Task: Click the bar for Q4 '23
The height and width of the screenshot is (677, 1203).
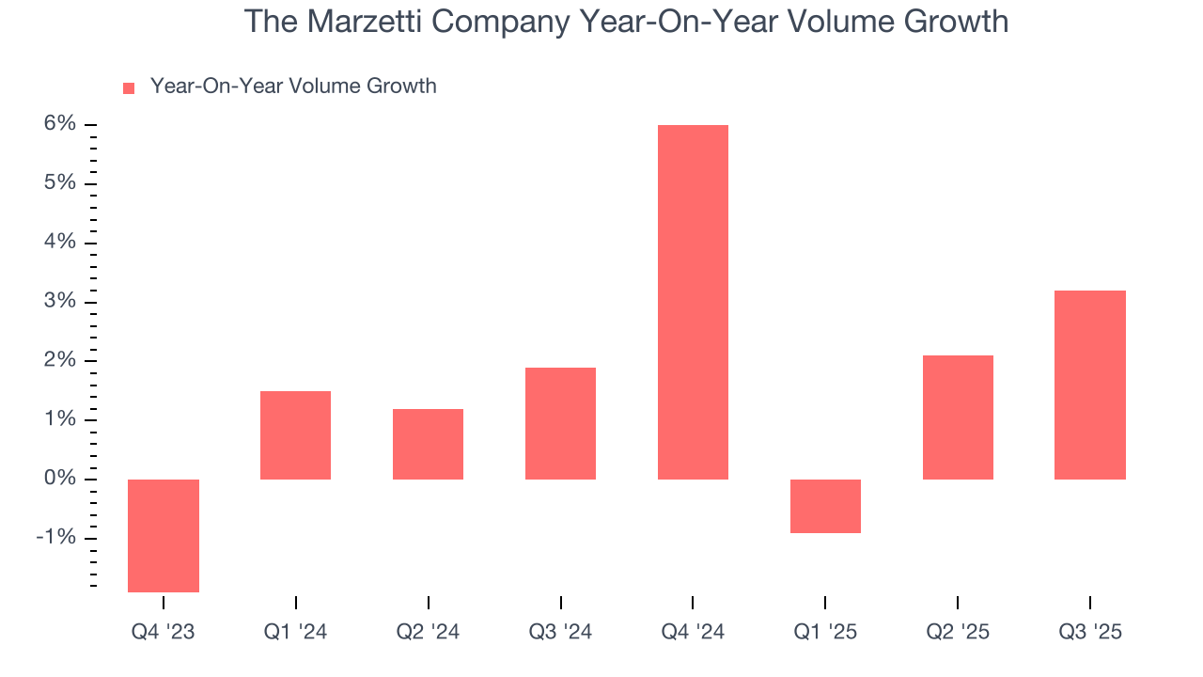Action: (x=164, y=535)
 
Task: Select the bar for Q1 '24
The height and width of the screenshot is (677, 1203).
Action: (x=295, y=434)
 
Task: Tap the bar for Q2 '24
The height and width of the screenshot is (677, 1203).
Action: (x=428, y=444)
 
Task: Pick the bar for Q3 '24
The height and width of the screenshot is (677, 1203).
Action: (x=560, y=423)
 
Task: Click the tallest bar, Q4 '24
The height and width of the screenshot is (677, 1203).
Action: (x=693, y=302)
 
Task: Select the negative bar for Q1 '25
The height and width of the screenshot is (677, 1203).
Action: (x=825, y=506)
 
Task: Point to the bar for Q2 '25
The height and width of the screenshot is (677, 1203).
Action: (x=958, y=417)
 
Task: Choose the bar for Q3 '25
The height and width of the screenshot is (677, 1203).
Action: (x=1090, y=385)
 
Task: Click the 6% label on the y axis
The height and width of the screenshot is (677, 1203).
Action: (x=56, y=124)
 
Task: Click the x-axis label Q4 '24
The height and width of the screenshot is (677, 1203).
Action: (x=693, y=632)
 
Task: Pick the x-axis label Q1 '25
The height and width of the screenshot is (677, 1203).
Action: (x=825, y=632)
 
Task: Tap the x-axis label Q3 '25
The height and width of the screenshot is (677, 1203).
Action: (x=1090, y=632)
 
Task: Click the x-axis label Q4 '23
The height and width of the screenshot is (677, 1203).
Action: (x=164, y=632)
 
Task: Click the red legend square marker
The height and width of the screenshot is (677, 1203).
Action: (x=129, y=88)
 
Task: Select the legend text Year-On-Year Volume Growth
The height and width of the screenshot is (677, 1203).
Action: (x=293, y=87)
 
